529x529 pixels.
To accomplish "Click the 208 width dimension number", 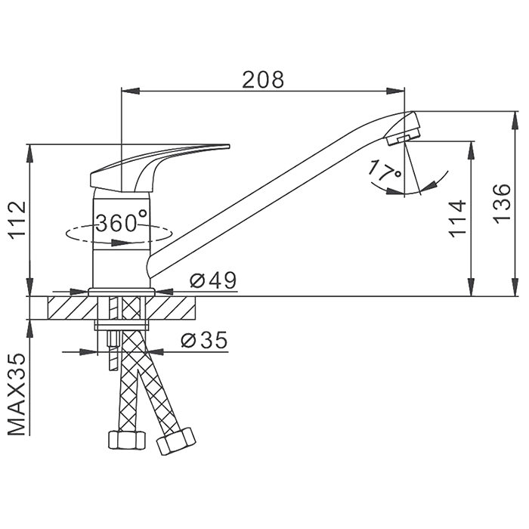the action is point(263,80).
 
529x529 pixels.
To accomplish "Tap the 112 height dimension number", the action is point(17,221).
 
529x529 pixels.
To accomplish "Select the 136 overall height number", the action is point(502,203).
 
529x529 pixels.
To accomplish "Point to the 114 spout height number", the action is point(458,218).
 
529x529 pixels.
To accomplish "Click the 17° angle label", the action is point(385,171).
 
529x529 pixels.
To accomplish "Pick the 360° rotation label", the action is point(122,221).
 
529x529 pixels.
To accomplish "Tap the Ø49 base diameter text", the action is point(213,280).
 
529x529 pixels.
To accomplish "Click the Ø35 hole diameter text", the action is point(204,340).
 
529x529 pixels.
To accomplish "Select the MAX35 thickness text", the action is point(17,394).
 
